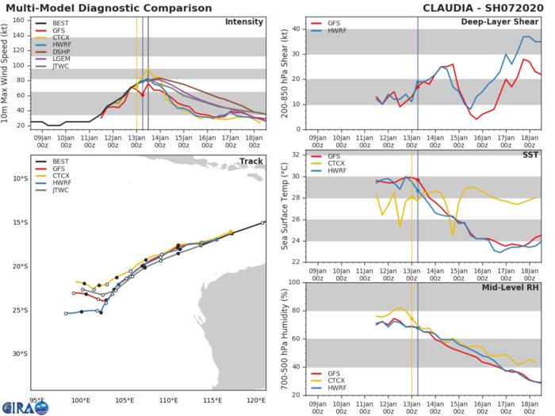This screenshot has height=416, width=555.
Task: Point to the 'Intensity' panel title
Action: (243, 22)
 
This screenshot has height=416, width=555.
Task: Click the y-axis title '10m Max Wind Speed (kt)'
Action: (7, 73)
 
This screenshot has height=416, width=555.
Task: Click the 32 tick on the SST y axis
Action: (295, 155)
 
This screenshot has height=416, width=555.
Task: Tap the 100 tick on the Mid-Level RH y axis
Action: (293, 282)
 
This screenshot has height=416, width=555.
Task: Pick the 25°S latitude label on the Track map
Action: (18, 310)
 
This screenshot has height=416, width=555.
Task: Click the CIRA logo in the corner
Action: (25, 406)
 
